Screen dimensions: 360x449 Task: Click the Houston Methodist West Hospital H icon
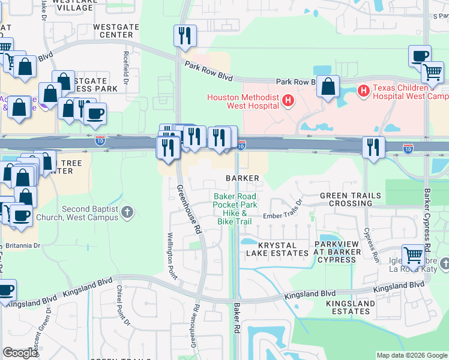pos(288,100)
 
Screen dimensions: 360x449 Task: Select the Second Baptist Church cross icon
pos(127,212)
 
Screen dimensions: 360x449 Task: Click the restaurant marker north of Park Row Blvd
pos(185,35)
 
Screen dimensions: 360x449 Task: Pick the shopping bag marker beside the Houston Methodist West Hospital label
pos(328,87)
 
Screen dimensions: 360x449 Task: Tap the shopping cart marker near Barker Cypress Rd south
pos(412,255)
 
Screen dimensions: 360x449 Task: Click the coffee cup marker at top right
pos(420,56)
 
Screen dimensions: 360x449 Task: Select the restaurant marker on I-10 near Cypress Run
pos(373,146)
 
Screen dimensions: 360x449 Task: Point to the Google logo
pos(20,353)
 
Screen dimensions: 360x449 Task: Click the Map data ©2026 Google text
pos(411,355)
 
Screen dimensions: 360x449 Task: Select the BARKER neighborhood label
pos(243,178)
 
